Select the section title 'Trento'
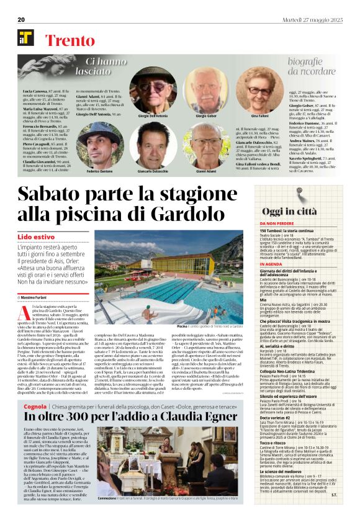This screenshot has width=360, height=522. click(x=71, y=42)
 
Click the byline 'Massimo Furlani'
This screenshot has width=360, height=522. click(x=39, y=299)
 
